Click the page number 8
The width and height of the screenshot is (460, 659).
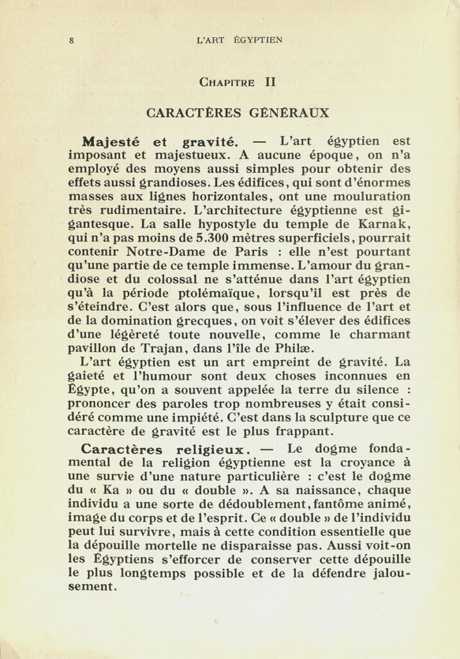[x=71, y=40]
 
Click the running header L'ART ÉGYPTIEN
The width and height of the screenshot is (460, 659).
[x=240, y=40]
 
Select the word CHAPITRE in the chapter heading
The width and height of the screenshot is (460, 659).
[x=227, y=82]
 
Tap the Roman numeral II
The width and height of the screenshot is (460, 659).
[x=270, y=82]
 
